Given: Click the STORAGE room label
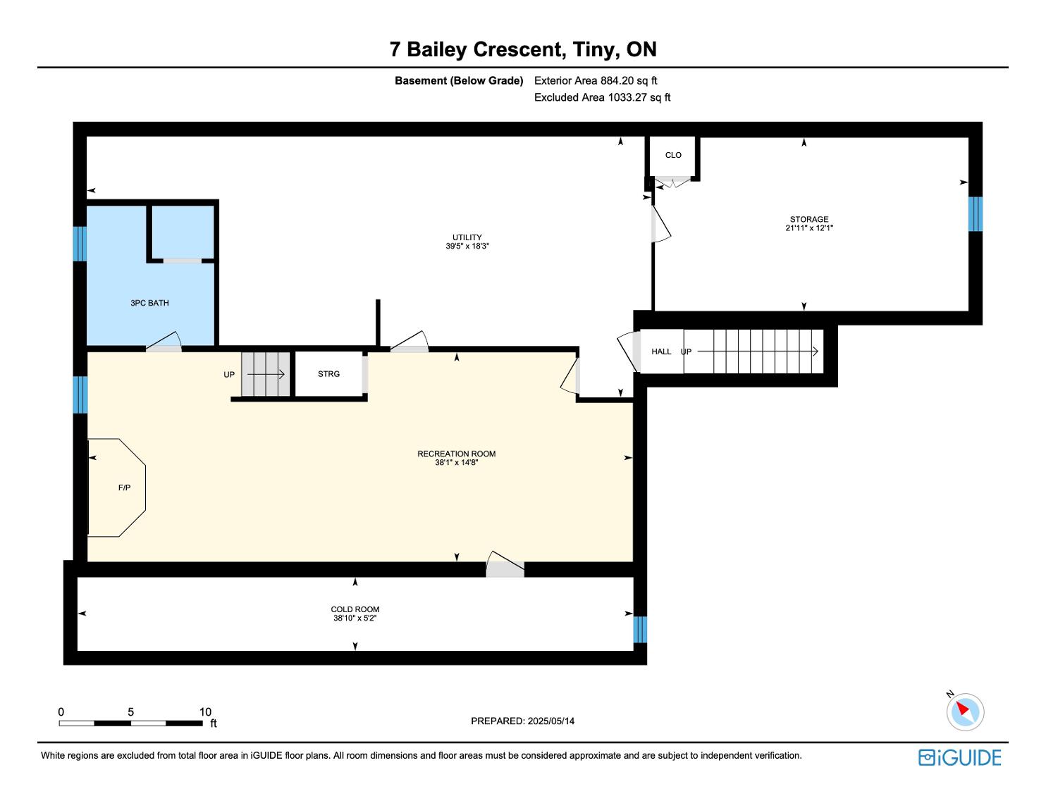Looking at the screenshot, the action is tap(808, 219).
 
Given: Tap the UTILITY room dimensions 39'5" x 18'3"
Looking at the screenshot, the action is tap(467, 247).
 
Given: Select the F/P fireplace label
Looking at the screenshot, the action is tap(124, 487).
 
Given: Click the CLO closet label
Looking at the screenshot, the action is tap(673, 155).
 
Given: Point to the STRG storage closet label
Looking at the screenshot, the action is tap(328, 373).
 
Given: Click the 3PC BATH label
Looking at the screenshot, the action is tap(149, 303).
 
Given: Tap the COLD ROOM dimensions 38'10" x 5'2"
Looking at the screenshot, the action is tap(355, 618).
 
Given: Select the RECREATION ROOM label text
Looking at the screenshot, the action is tap(456, 454).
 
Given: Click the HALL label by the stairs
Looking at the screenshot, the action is tap(661, 352).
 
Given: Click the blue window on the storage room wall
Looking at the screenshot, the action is tap(975, 214).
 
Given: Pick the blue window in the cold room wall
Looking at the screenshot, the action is tap(640, 630).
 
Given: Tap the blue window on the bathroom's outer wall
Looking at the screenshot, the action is tap(80, 244).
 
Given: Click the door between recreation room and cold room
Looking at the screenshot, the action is tap(505, 565).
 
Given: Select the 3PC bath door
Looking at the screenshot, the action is tap(164, 342).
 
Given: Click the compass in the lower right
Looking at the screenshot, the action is tap(965, 711).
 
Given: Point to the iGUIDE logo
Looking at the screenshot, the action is tap(959, 758).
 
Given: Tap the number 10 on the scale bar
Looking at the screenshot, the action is tap(205, 711).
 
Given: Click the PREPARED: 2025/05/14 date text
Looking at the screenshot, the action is tap(522, 721).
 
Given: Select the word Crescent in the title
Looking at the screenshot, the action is tap(517, 49).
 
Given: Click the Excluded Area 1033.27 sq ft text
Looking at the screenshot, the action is tap(602, 98).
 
